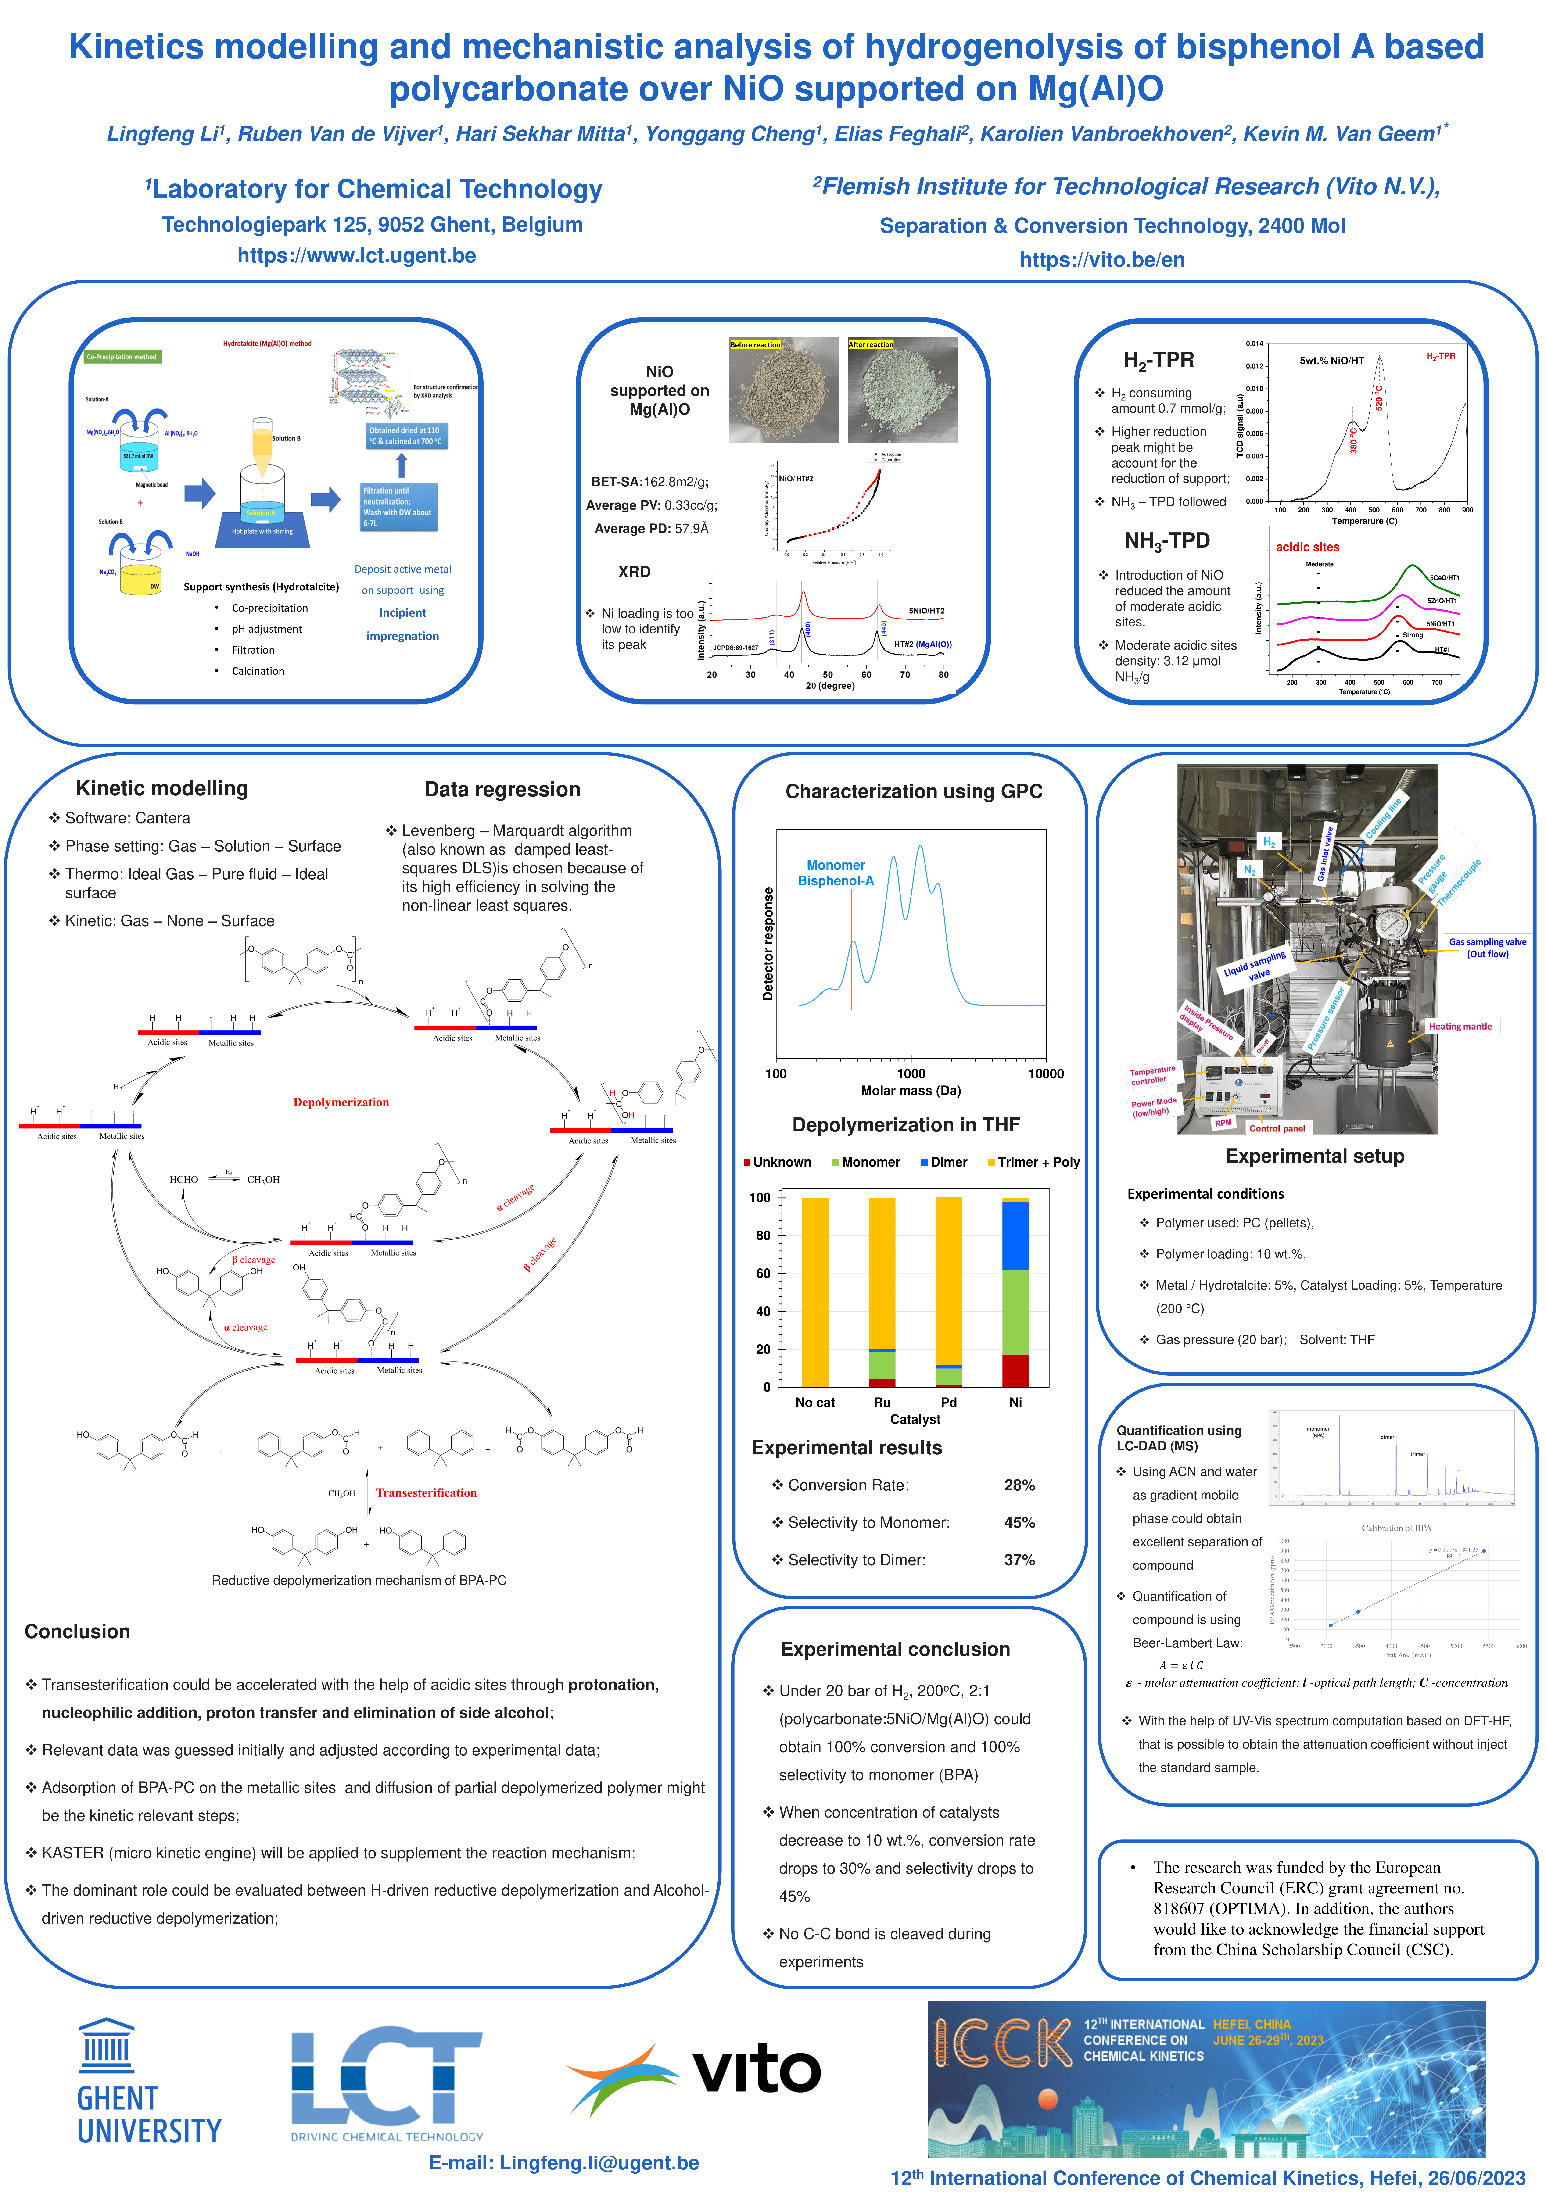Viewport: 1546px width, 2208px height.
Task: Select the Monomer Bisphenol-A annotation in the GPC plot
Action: pos(835,873)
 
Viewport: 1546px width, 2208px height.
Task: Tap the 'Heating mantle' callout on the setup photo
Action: pos(1460,1026)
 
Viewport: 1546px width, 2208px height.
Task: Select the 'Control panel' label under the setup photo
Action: pos(1277,1128)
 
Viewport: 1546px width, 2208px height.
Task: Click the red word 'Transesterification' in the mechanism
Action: pos(426,1492)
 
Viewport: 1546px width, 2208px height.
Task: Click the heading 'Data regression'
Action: pos(502,790)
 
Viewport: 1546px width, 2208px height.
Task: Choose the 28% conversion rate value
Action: pos(1019,1485)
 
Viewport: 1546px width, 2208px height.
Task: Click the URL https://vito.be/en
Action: pos(1101,260)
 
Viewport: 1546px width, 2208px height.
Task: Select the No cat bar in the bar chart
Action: pos(815,1292)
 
